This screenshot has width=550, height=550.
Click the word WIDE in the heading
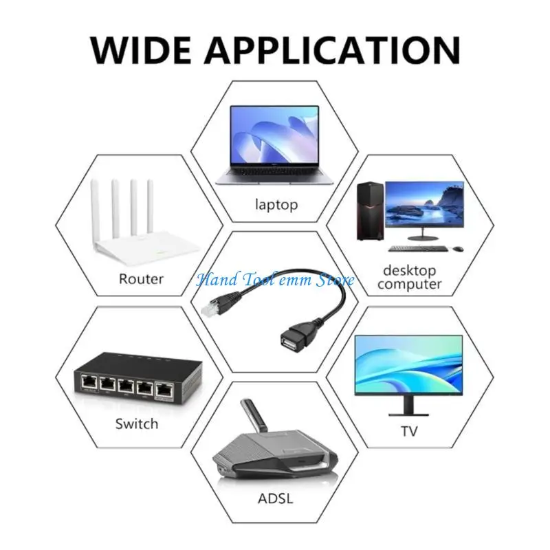click(141, 49)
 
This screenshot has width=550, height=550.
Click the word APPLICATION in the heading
click(332, 49)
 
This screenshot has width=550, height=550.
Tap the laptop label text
click(276, 204)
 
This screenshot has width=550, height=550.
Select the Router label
click(141, 279)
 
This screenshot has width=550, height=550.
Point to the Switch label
click(137, 423)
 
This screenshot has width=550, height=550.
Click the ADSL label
click(276, 498)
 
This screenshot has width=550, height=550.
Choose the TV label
click(409, 431)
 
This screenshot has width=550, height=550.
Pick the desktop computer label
click(409, 277)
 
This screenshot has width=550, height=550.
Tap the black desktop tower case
click(371, 211)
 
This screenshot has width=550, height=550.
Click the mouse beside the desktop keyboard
click(458, 249)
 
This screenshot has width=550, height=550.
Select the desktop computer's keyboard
click(418, 249)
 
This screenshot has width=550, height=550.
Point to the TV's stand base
click(408, 415)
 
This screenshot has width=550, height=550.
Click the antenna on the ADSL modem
click(254, 416)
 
